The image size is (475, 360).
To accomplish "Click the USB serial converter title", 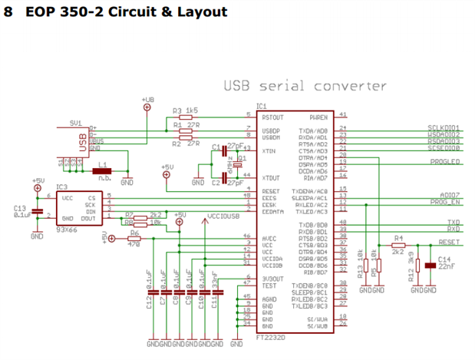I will tap(305, 85).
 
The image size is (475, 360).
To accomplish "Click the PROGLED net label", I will tap(445, 162).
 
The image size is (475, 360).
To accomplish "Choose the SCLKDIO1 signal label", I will tap(444, 127).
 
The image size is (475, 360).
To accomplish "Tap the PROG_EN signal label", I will tap(444, 203).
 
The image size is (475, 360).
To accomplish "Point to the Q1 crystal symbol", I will tap(233, 163).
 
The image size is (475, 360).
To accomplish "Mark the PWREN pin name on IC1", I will tap(319, 118).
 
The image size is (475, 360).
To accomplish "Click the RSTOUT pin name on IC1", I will tap(272, 118).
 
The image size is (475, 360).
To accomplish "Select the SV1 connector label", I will tap(75, 122).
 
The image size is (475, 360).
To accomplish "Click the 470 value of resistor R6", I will tap(134, 243).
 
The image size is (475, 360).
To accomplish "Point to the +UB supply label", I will tap(147, 99).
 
